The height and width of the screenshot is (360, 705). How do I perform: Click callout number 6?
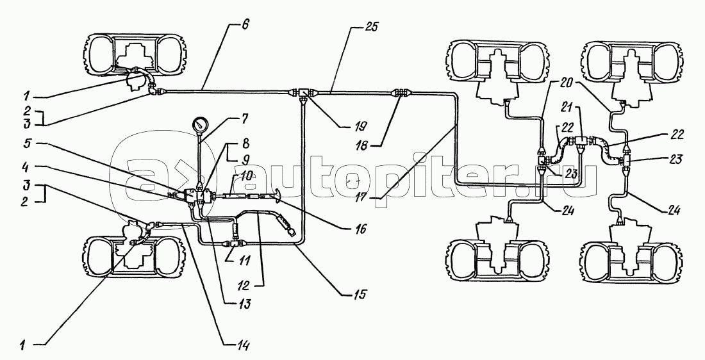245,25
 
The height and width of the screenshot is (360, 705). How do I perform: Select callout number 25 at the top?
371,26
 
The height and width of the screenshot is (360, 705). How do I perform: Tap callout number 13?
245,304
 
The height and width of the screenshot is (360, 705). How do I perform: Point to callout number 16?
360,229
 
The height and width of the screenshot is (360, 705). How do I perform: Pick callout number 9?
244,159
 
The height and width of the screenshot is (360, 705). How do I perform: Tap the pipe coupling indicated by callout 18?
401,93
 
